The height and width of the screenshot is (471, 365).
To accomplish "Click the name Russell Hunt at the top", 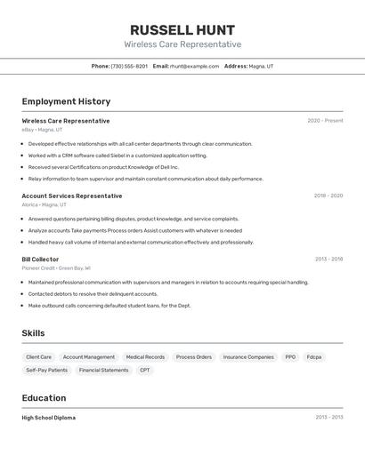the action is tap(182, 29).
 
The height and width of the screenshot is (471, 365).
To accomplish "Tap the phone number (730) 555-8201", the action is tap(129, 66).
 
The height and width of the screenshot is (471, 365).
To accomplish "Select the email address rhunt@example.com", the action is tap(194, 66).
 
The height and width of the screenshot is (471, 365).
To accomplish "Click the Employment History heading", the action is tap(66, 101).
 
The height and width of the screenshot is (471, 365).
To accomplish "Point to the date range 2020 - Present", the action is tap(325, 121).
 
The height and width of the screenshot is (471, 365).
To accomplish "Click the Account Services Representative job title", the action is tap(72, 196).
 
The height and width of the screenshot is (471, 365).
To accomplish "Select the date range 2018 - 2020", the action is tap(328, 196).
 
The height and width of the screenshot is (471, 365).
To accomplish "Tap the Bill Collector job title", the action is tap(40, 259).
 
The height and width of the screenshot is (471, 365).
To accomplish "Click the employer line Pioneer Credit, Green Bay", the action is tap(56, 267).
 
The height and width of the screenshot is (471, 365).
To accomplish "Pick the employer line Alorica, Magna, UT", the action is tap(45, 204).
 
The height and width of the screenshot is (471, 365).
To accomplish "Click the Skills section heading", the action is tap(33, 333).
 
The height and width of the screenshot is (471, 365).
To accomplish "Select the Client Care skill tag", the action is tap(39, 357).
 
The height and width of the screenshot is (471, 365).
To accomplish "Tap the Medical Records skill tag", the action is tap(145, 357).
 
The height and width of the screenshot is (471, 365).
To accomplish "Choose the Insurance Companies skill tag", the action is tap(248, 357).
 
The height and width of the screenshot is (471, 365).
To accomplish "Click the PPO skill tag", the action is tap(290, 357).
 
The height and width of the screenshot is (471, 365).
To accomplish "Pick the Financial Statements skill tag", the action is tap(103, 370).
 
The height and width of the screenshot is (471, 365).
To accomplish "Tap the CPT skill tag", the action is tap(145, 370).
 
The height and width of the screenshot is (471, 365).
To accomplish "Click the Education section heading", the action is tap(44, 398).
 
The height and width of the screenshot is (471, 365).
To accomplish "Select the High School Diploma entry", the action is tap(49, 417).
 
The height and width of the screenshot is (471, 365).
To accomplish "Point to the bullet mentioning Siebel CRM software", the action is tap(118, 155).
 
